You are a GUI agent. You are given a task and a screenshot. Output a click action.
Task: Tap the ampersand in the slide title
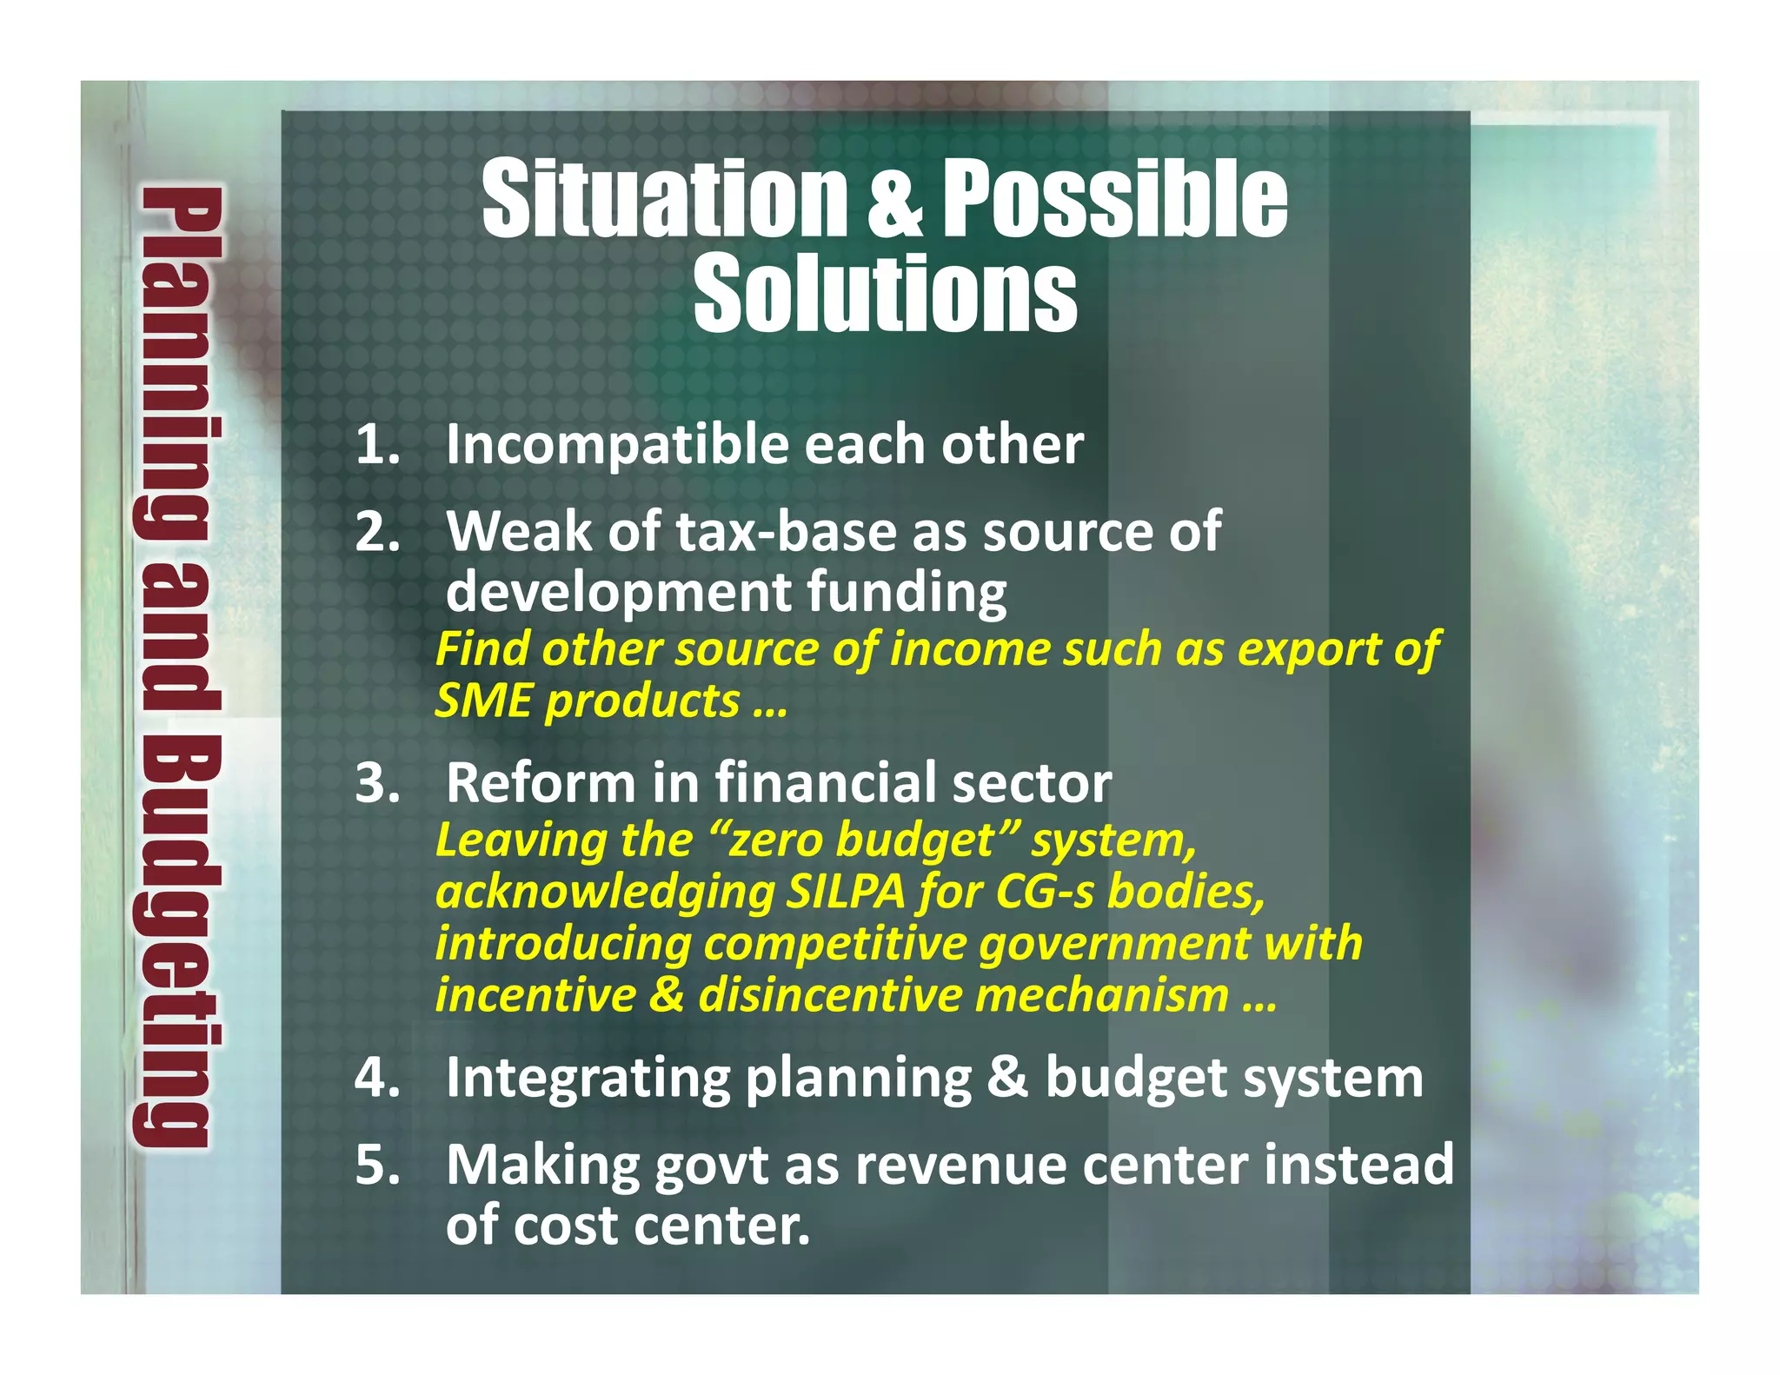pos(894,202)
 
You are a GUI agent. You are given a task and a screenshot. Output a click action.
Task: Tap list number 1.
pos(377,445)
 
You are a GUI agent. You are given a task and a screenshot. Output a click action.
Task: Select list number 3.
pos(377,782)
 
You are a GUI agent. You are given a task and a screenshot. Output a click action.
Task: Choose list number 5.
pos(377,1165)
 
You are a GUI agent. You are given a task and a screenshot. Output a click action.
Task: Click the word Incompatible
pos(617,445)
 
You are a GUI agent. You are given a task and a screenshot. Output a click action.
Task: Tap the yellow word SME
pos(482,701)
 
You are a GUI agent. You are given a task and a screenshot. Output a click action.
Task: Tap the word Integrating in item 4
pos(588,1078)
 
